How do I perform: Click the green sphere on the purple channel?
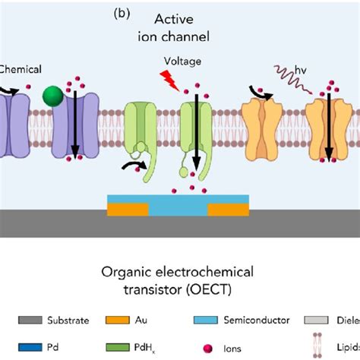(52, 96)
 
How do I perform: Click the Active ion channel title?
(181, 27)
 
